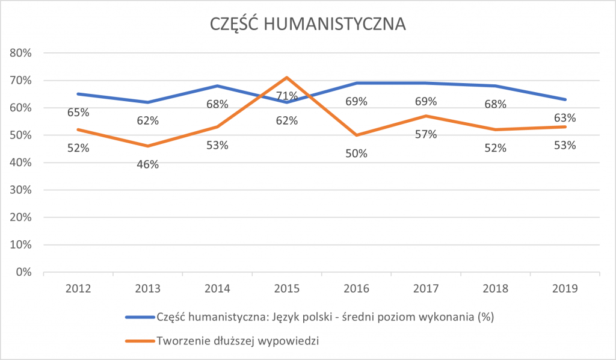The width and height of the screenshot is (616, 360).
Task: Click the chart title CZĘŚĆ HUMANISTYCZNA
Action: (308, 23)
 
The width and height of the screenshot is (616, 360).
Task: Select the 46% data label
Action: (147, 164)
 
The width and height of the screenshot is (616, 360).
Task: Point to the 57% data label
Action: (426, 134)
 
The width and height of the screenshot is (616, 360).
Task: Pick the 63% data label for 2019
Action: (565, 117)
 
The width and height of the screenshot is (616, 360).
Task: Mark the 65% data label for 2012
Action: (78, 112)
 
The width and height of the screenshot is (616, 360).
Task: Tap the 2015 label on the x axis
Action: (287, 288)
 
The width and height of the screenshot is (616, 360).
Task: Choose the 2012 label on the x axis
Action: (78, 288)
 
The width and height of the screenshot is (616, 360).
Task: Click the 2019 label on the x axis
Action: (565, 288)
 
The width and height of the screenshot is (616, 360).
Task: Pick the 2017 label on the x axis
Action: (426, 288)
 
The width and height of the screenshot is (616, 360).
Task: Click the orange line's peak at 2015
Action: (287, 77)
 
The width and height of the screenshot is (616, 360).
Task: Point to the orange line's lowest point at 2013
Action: (147, 146)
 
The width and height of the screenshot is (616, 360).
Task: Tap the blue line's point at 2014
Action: (217, 85)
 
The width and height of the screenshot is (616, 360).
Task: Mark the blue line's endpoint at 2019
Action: (565, 99)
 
